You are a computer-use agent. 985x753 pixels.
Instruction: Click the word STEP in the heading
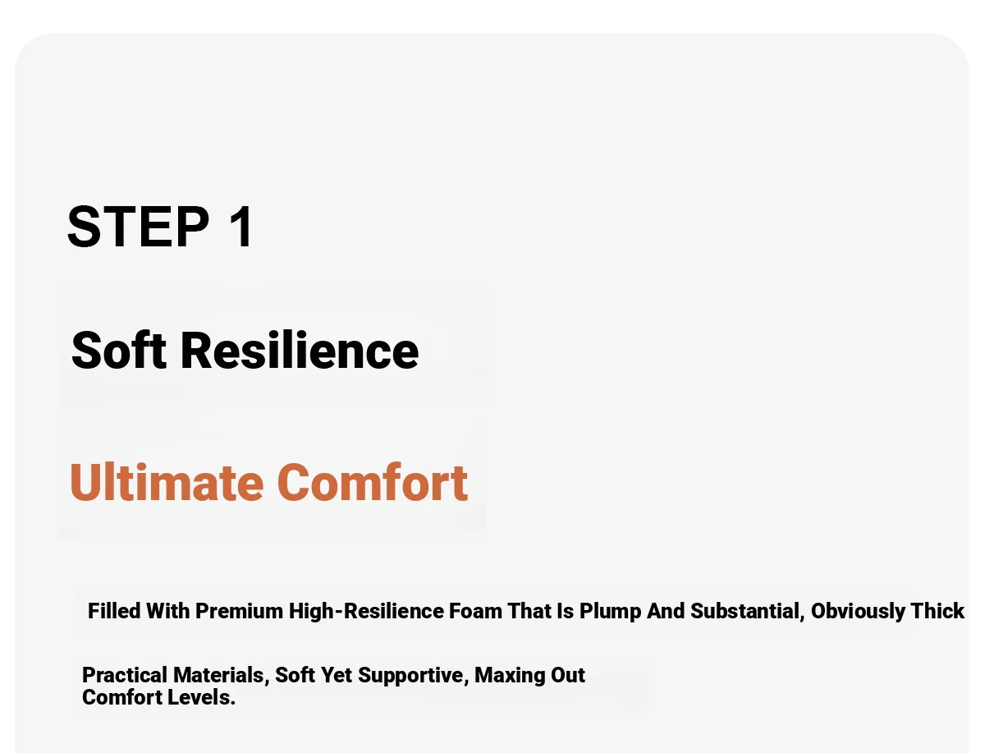tap(138, 226)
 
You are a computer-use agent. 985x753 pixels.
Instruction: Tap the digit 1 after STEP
tap(241, 226)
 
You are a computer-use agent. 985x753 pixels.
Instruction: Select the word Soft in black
tap(118, 350)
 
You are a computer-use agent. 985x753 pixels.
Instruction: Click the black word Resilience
tap(300, 350)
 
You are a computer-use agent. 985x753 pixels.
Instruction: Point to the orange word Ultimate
tap(167, 482)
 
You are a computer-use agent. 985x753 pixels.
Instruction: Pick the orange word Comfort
tap(373, 482)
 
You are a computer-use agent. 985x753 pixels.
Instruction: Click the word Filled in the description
tap(114, 611)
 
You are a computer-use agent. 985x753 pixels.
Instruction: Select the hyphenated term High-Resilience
tap(366, 612)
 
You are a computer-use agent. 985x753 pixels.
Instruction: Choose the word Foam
tap(475, 611)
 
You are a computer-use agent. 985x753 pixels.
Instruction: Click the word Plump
tap(611, 612)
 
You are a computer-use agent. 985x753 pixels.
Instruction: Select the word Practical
tap(125, 675)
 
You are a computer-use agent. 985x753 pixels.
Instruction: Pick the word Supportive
tap(414, 676)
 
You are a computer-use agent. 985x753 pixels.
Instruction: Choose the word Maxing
tap(510, 676)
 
